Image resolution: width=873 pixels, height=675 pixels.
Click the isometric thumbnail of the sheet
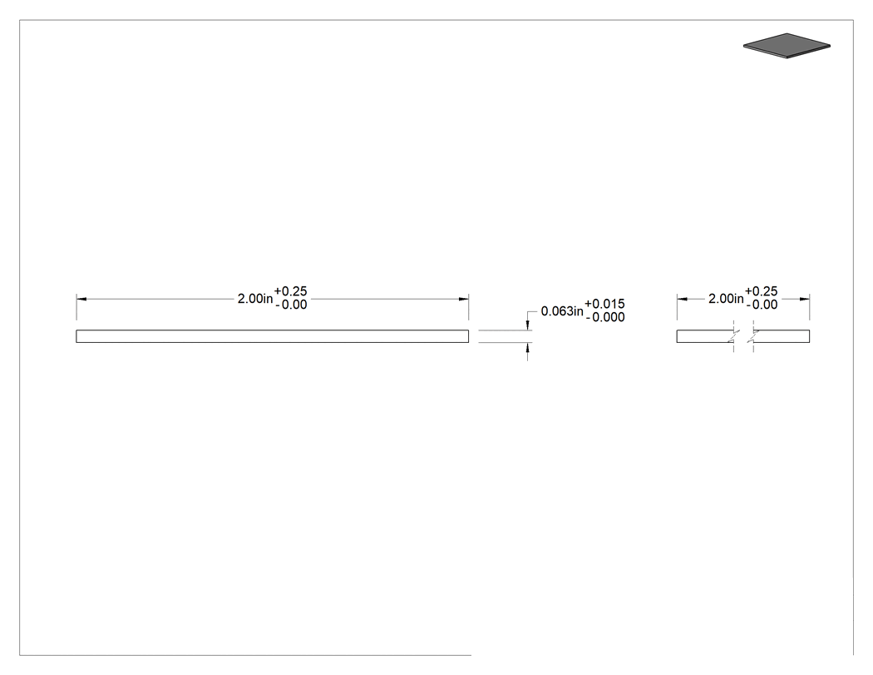pyautogui.click(x=787, y=46)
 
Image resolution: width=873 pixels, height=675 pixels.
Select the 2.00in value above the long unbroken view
pyautogui.click(x=255, y=299)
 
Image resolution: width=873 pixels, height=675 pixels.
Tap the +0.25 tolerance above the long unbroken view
pyautogui.click(x=291, y=291)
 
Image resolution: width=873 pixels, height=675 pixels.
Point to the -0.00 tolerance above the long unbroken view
pyautogui.click(x=291, y=305)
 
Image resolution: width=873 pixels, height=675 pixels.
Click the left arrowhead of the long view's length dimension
pyautogui.click(x=81, y=300)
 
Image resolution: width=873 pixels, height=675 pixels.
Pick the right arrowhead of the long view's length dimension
pyautogui.click(x=463, y=300)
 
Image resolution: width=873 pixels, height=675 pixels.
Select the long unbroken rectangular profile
pyautogui.click(x=272, y=336)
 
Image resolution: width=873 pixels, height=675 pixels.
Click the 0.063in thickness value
pyautogui.click(x=562, y=311)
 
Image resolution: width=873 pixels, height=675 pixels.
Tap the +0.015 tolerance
pyautogui.click(x=604, y=304)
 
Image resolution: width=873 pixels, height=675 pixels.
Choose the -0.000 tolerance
pyautogui.click(x=605, y=317)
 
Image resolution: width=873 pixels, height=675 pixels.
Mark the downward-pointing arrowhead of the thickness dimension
pyautogui.click(x=527, y=325)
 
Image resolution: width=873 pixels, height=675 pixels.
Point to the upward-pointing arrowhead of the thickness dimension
pyautogui.click(x=527, y=348)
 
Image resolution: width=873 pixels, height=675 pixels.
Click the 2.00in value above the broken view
pyautogui.click(x=726, y=299)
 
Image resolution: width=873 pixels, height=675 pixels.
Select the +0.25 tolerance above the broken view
pyautogui.click(x=761, y=291)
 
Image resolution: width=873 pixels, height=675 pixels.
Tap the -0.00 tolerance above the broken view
pyautogui.click(x=762, y=305)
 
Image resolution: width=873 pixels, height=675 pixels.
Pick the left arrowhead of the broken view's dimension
pyautogui.click(x=683, y=300)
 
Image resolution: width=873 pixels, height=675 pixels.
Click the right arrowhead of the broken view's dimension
pyautogui.click(x=805, y=300)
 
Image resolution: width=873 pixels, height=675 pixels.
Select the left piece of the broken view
pyautogui.click(x=705, y=336)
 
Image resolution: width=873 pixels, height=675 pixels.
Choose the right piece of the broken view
pyautogui.click(x=782, y=336)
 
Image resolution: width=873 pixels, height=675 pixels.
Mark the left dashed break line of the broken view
pyautogui.click(x=734, y=336)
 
